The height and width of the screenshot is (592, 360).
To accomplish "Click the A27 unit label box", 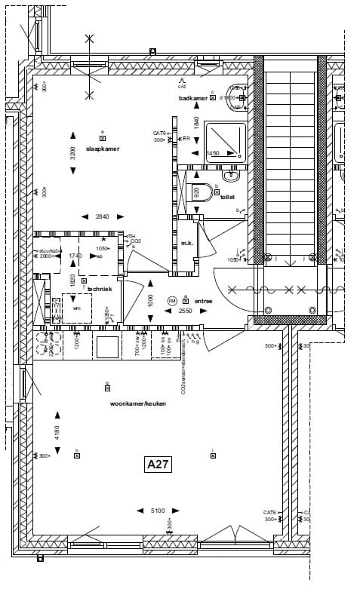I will (158, 465).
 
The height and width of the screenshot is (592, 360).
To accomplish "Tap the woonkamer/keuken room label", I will (138, 403).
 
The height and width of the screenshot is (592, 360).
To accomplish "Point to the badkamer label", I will (214, 99).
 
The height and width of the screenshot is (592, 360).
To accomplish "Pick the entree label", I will (203, 301).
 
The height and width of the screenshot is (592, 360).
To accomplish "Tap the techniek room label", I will (100, 289).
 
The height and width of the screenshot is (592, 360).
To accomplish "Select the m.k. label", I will (186, 244).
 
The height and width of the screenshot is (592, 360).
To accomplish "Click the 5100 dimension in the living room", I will (158, 511).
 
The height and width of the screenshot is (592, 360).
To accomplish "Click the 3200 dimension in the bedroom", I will (73, 155).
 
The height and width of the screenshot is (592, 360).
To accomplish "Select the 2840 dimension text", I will (103, 217).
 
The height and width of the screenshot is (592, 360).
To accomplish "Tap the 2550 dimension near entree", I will (185, 311).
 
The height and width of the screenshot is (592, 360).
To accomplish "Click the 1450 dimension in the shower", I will (213, 153).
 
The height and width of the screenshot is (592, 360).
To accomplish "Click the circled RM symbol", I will (172, 300).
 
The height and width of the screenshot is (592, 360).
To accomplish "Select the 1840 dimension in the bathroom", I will (196, 123).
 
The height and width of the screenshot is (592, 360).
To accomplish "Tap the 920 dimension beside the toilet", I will (197, 192).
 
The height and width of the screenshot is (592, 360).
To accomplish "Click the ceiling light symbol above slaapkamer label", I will (103, 138).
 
